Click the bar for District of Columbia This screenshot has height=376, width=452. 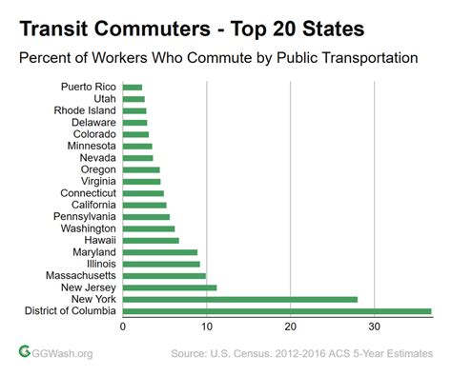277,311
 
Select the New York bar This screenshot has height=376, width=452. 239,299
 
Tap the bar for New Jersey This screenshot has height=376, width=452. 170,287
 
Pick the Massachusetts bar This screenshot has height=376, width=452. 164,276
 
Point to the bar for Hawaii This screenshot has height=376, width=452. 151,240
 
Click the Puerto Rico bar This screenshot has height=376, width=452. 133,87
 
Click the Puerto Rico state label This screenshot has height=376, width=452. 89,87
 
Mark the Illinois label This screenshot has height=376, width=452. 101,264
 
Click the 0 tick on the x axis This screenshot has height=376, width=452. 123,327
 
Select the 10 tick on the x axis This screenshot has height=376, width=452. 207,327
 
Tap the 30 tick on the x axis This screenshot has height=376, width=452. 375,327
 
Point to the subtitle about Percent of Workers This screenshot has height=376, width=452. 219,57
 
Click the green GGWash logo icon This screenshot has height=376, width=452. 26,352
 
